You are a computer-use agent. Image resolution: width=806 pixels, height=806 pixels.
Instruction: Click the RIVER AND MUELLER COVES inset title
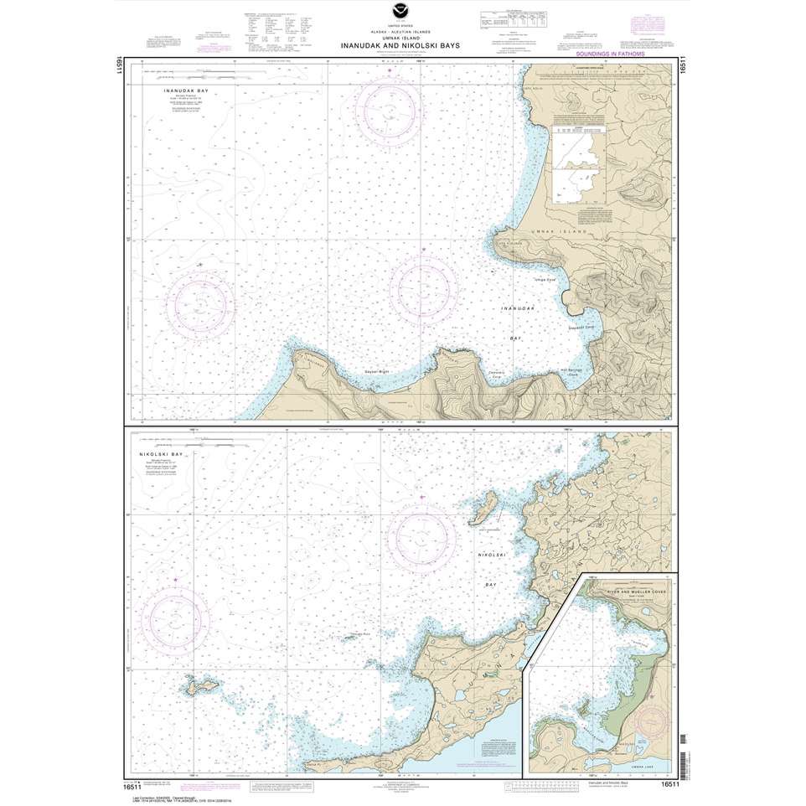[628, 590]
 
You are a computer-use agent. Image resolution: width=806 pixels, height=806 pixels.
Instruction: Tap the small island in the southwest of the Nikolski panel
[197, 688]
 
